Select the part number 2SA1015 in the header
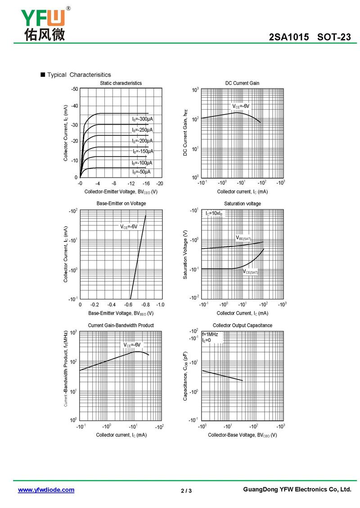tap(289, 37)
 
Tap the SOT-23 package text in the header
tap(334, 37)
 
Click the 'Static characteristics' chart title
tap(121, 83)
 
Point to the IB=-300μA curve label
tap(142, 119)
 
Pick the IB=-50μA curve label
tap(141, 172)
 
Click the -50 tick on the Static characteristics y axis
tap(75, 89)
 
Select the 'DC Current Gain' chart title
tap(242, 83)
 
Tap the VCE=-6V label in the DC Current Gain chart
tap(241, 106)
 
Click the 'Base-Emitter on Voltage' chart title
tap(121, 204)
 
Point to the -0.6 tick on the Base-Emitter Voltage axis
tap(130, 305)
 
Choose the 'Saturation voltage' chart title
tap(242, 204)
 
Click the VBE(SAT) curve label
tap(243, 237)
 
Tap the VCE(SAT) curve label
tap(251, 272)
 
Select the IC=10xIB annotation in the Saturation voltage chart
tap(214, 213)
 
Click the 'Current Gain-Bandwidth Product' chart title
tap(121, 325)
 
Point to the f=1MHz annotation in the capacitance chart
tap(210, 334)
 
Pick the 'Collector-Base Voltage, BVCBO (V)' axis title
tap(242, 435)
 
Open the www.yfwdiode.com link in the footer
tap(46, 490)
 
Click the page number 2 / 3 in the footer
tap(186, 490)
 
